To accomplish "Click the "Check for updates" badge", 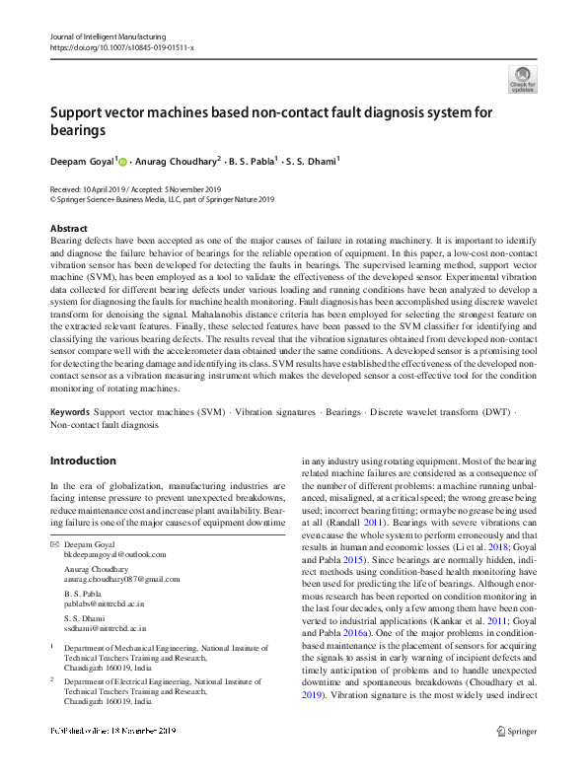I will click(x=523, y=78).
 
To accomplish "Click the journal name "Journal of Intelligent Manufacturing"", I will click(x=107, y=36).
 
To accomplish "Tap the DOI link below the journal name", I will click(x=120, y=47).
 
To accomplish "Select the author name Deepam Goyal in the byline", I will click(x=81, y=160).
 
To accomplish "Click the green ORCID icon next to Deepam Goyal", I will click(x=123, y=160).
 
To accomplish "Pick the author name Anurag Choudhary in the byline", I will click(x=178, y=160).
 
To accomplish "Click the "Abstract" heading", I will click(x=69, y=228).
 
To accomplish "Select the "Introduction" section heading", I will click(x=83, y=461).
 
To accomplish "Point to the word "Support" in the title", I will click(x=77, y=111).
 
